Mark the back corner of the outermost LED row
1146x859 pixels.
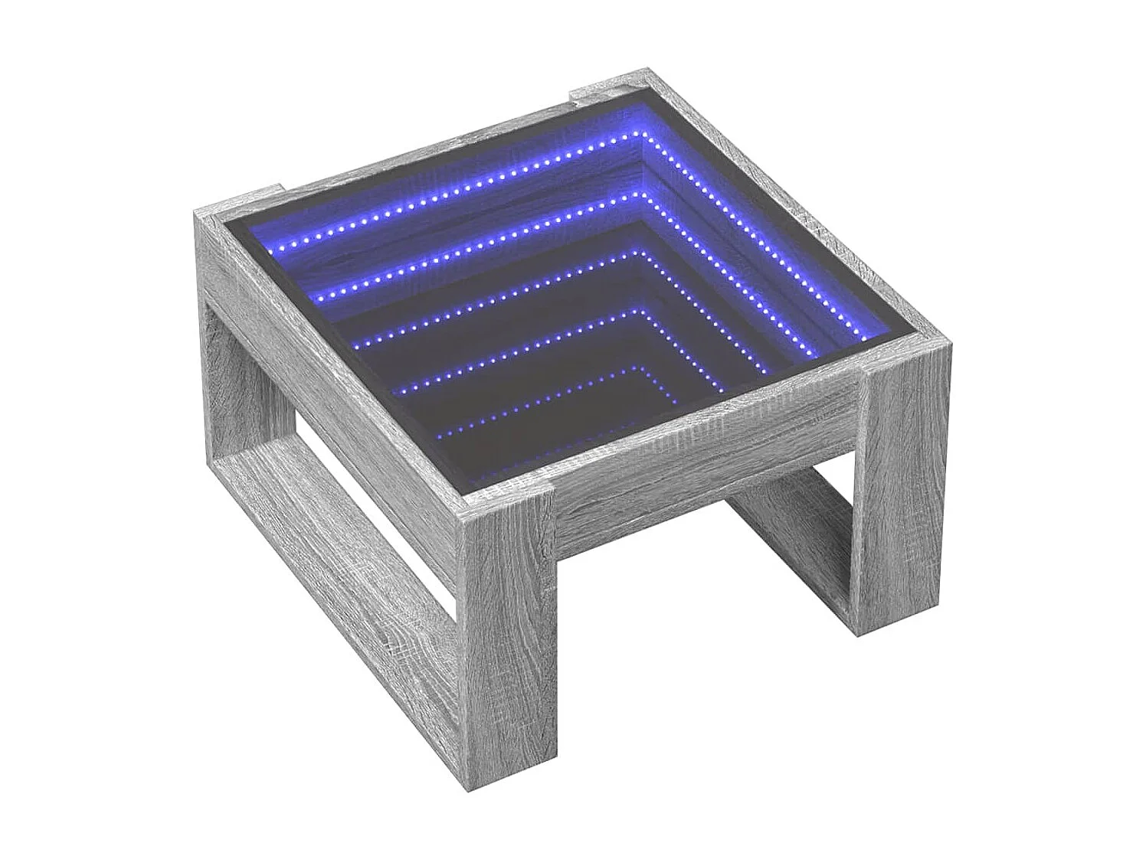coord(642,132)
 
